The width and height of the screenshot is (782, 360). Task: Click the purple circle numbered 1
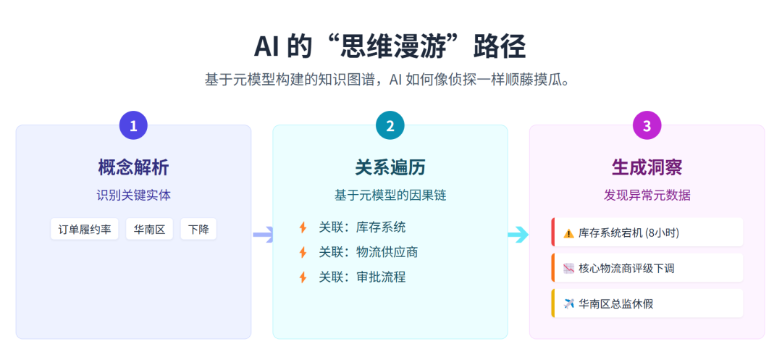click(x=133, y=125)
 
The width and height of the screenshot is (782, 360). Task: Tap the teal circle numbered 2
click(x=390, y=125)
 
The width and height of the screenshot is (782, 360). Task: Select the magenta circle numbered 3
click(x=647, y=125)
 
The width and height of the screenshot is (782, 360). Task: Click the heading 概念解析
click(x=133, y=167)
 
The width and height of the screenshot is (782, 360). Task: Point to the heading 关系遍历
click(x=390, y=167)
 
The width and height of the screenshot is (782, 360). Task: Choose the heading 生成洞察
click(x=647, y=167)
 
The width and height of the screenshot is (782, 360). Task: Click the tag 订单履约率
click(x=85, y=230)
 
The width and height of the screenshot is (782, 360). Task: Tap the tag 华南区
click(x=149, y=230)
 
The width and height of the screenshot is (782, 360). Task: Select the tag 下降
click(x=198, y=230)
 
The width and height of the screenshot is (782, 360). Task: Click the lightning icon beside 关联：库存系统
click(x=303, y=227)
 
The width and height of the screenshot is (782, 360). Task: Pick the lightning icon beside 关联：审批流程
click(x=303, y=277)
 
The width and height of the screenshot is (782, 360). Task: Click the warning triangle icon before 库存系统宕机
click(x=568, y=233)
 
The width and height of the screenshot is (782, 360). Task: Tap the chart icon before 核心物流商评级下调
click(x=568, y=268)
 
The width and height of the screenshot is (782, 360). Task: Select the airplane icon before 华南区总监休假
click(x=568, y=304)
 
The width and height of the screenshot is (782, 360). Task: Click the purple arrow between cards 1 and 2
click(x=263, y=234)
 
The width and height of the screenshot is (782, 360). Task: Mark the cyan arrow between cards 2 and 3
click(x=518, y=234)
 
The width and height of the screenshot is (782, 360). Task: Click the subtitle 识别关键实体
click(x=133, y=196)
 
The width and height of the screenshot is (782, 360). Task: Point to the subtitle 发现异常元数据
click(x=647, y=196)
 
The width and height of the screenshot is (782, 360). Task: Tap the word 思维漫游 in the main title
click(x=390, y=47)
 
